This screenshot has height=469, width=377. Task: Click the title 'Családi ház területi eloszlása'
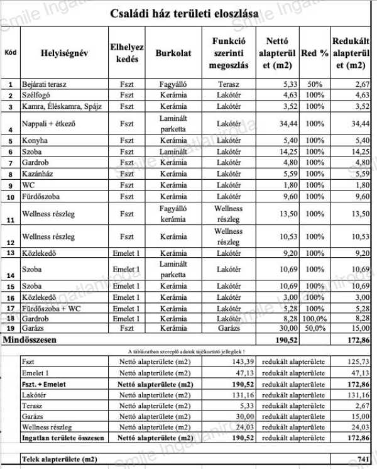187,13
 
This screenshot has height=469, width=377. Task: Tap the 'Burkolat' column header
173,53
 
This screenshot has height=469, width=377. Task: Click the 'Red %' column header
314,53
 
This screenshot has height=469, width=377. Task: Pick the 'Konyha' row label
35,141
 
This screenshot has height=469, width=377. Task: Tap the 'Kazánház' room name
38,174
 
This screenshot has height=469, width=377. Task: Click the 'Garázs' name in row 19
35,328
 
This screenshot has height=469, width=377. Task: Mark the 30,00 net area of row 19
285,328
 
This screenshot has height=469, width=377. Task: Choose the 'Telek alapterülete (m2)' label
60,460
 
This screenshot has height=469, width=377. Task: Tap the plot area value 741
361,460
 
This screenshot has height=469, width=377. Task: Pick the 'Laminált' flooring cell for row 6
173,152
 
